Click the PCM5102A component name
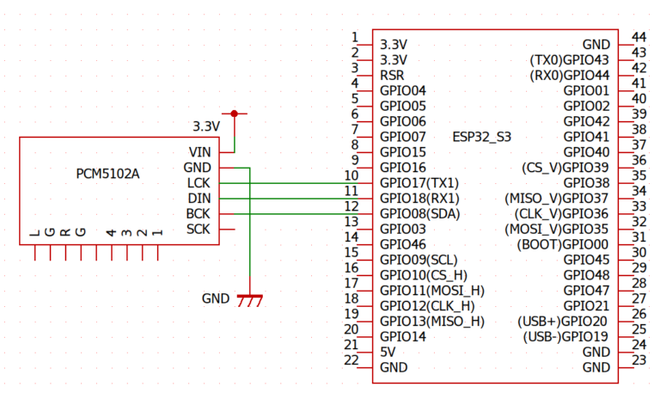(x=108, y=174)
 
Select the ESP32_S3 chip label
(x=481, y=137)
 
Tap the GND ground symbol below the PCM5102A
(x=249, y=299)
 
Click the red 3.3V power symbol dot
(x=234, y=113)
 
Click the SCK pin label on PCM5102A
(x=198, y=230)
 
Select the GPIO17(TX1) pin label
(x=419, y=183)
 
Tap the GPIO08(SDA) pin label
(x=420, y=214)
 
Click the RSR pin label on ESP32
(x=392, y=75)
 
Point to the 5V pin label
(x=388, y=352)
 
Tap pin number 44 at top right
(x=639, y=36)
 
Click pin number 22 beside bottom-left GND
(x=351, y=359)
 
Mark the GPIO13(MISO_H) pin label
(x=431, y=321)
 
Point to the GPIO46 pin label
(x=402, y=244)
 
